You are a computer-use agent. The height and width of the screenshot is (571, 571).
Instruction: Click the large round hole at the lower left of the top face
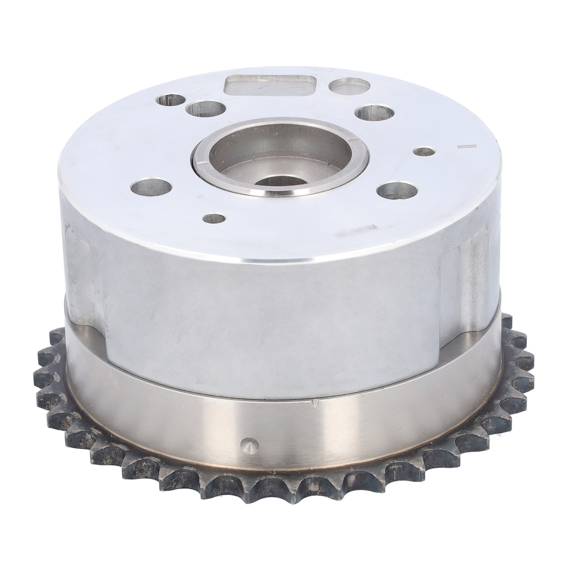pyautogui.click(x=150, y=187)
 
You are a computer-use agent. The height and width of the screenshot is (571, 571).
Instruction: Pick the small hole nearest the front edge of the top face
pyautogui.click(x=214, y=219)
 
